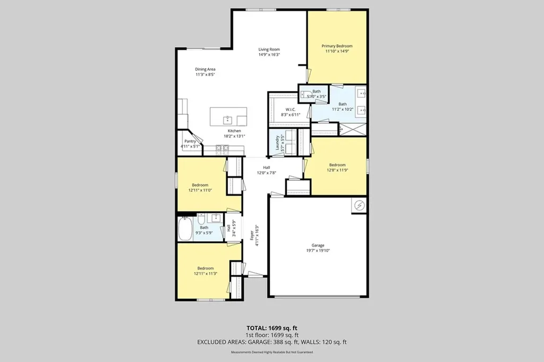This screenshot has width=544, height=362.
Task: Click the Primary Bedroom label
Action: (337, 46)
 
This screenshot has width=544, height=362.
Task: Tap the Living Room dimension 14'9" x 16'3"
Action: (269, 55)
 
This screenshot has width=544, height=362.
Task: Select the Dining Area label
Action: (205, 69)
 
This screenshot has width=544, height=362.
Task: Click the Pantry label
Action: (190, 141)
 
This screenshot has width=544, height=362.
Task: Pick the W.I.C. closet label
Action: (290, 109)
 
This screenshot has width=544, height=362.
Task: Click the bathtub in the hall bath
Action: (185, 229)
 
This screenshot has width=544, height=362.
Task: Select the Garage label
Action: (318, 245)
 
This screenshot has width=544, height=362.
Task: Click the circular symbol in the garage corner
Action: (359, 205)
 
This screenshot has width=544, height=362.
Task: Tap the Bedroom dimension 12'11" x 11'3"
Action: (205, 274)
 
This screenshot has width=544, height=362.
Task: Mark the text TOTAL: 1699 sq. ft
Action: (271, 327)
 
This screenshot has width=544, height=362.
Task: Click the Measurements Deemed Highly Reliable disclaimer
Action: (271, 352)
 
